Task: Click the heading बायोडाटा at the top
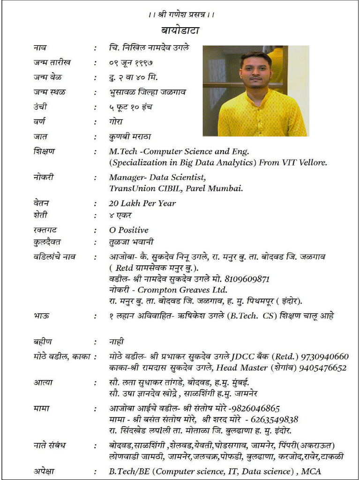pyautogui.click(x=180, y=31)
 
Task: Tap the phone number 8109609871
pyautogui.click(x=247, y=279)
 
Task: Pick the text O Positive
pyautogui.click(x=128, y=230)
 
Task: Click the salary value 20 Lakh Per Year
pyautogui.click(x=142, y=203)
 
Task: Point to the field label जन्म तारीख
pyautogui.click(x=52, y=62)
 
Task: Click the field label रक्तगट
pyautogui.click(x=45, y=230)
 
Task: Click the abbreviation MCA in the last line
pyautogui.click(x=311, y=471)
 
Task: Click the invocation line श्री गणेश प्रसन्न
pyautogui.click(x=180, y=15)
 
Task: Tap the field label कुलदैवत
pyautogui.click(x=47, y=242)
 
